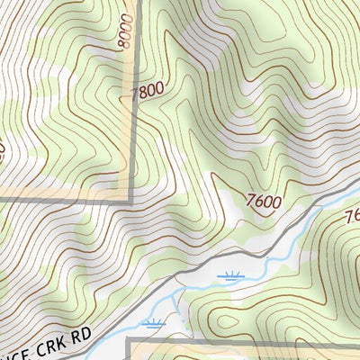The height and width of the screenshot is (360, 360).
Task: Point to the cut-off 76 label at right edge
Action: (x=352, y=217)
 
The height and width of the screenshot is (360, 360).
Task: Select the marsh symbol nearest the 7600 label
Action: (x=230, y=277)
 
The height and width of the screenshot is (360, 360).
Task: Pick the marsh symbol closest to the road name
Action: (x=155, y=322)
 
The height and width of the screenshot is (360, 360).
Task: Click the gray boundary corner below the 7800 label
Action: (x=132, y=198)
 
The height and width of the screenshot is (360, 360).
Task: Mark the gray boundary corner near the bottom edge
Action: (x=129, y=340)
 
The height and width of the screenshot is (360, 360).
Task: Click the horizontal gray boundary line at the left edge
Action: (x=36, y=199)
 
